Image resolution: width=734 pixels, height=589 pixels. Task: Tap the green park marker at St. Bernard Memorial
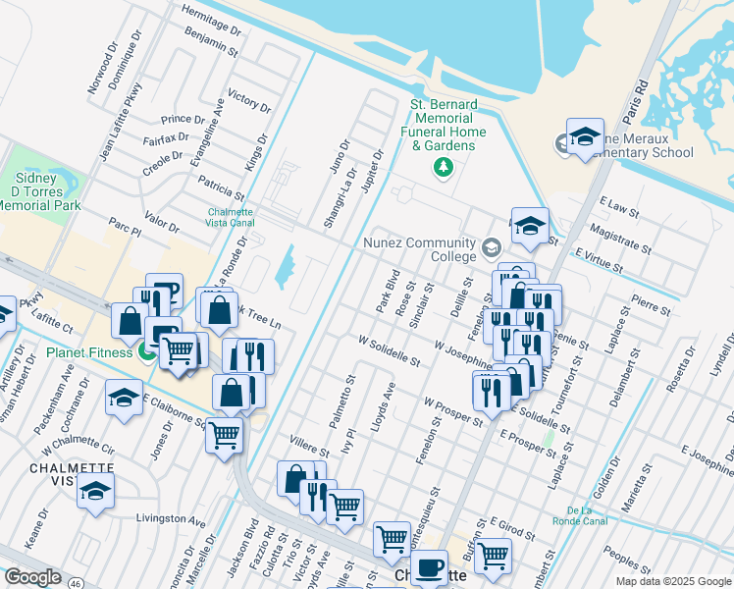[x=443, y=168]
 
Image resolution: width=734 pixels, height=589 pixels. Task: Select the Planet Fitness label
[x=88, y=352]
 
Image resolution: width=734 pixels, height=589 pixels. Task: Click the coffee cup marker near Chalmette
[x=429, y=567]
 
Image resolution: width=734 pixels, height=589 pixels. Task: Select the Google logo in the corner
[x=32, y=577]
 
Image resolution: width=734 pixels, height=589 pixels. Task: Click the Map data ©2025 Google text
[x=672, y=581]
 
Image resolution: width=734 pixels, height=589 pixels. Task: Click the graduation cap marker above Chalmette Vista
[x=95, y=491]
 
